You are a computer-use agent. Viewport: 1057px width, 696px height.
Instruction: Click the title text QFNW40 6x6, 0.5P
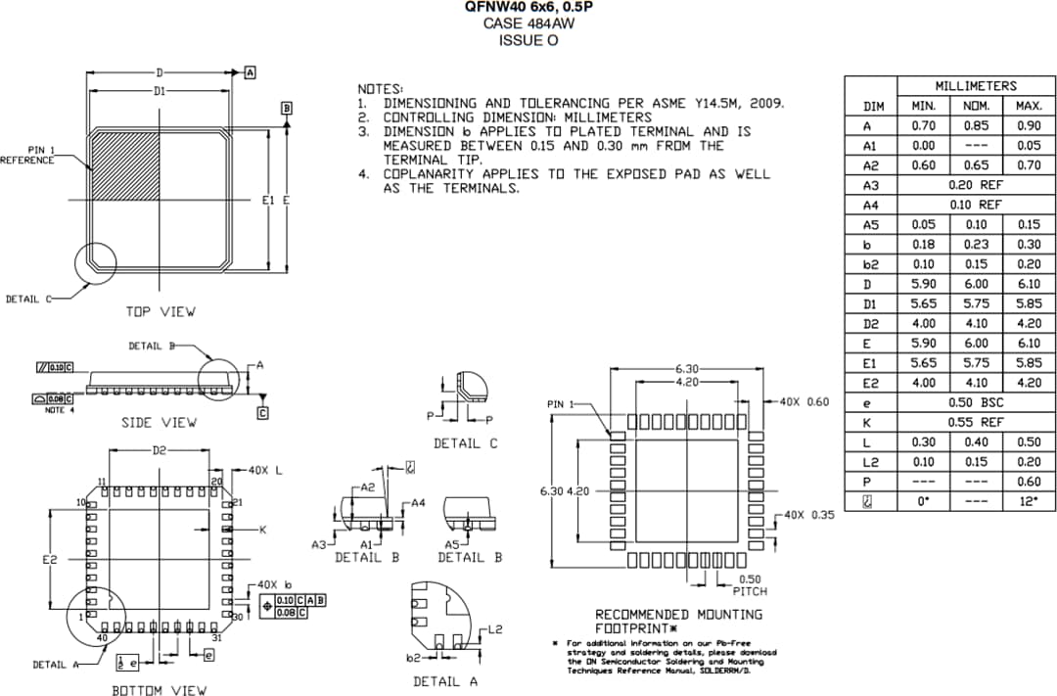point(528,8)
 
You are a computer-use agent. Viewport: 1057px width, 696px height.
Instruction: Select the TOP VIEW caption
point(160,311)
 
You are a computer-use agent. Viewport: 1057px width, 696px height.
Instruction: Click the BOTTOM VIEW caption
point(159,690)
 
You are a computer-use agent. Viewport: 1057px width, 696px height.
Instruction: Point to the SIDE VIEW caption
point(159,422)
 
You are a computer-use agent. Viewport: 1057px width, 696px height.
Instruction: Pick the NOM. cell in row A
point(975,126)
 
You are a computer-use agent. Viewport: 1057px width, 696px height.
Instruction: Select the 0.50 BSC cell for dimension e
point(975,402)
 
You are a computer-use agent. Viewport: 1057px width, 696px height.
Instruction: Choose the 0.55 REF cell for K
point(975,422)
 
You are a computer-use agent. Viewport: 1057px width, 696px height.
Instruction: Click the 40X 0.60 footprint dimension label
point(803,402)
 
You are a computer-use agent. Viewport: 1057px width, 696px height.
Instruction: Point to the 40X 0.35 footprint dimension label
point(807,515)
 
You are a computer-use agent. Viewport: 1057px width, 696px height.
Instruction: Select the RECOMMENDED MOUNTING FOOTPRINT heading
point(678,621)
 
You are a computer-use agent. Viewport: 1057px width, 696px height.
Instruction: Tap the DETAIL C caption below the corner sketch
point(465,443)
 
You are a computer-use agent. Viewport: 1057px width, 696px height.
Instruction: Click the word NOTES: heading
point(380,89)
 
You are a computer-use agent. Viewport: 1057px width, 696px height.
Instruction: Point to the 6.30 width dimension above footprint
point(686,368)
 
